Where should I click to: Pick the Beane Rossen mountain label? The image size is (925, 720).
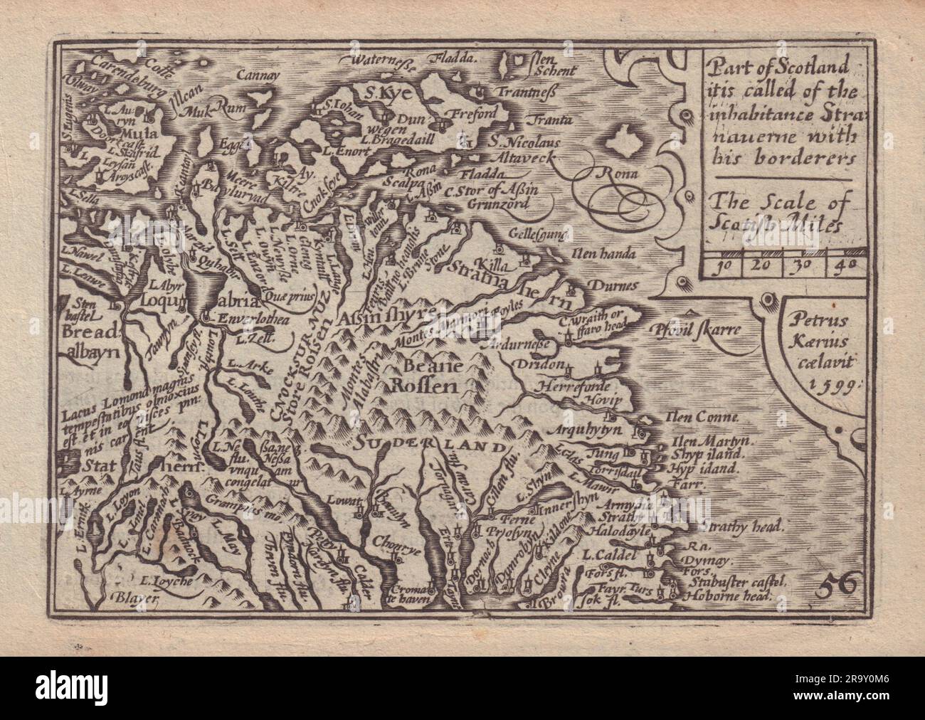pyautogui.click(x=425, y=377)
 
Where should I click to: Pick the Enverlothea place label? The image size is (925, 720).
pyautogui.click(x=243, y=320)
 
